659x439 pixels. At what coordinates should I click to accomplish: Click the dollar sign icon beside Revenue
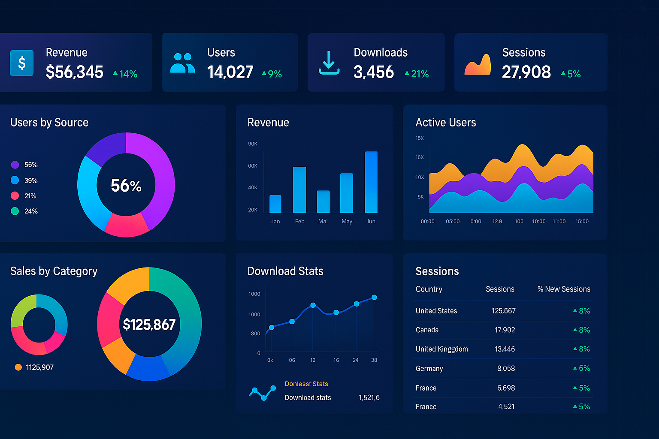click(x=21, y=63)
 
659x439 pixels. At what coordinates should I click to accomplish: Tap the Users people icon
click(x=182, y=63)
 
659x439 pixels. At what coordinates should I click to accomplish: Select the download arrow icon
click(x=329, y=63)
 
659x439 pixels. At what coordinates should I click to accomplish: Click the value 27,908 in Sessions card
click(x=526, y=72)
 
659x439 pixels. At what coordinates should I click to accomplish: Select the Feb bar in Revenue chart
click(x=299, y=189)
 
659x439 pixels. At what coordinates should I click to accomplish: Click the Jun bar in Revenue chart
click(x=371, y=182)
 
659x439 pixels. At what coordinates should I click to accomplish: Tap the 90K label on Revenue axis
click(x=253, y=144)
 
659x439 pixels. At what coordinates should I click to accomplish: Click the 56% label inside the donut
click(x=126, y=186)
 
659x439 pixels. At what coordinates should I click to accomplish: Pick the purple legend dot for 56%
click(x=15, y=165)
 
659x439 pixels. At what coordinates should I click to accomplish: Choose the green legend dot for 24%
click(x=15, y=211)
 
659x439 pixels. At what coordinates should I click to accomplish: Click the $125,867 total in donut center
click(x=149, y=325)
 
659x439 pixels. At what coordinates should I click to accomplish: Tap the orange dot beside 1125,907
click(x=18, y=367)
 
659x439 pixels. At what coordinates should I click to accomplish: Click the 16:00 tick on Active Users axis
click(x=582, y=222)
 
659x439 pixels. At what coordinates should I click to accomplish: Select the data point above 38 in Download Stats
click(x=374, y=298)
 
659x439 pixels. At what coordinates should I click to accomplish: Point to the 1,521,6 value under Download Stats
click(x=369, y=398)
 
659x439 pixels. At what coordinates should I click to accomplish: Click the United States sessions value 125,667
click(x=503, y=311)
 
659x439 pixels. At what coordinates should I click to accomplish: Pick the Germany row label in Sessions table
click(x=429, y=369)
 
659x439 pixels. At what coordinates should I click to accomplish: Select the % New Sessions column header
click(x=564, y=289)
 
